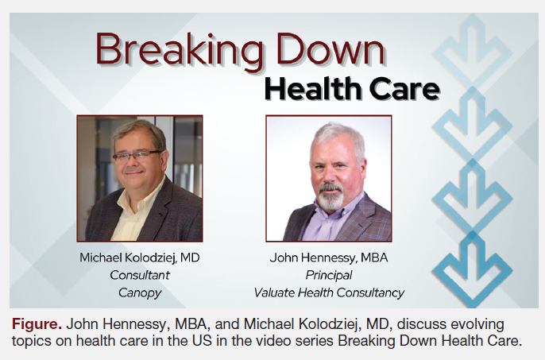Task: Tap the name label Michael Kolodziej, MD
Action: (138, 258)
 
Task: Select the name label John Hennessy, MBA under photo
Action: (328, 258)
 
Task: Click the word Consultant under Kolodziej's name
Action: (138, 275)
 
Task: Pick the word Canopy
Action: (138, 292)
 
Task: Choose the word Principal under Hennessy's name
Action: (328, 275)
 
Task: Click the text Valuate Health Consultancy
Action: (328, 292)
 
